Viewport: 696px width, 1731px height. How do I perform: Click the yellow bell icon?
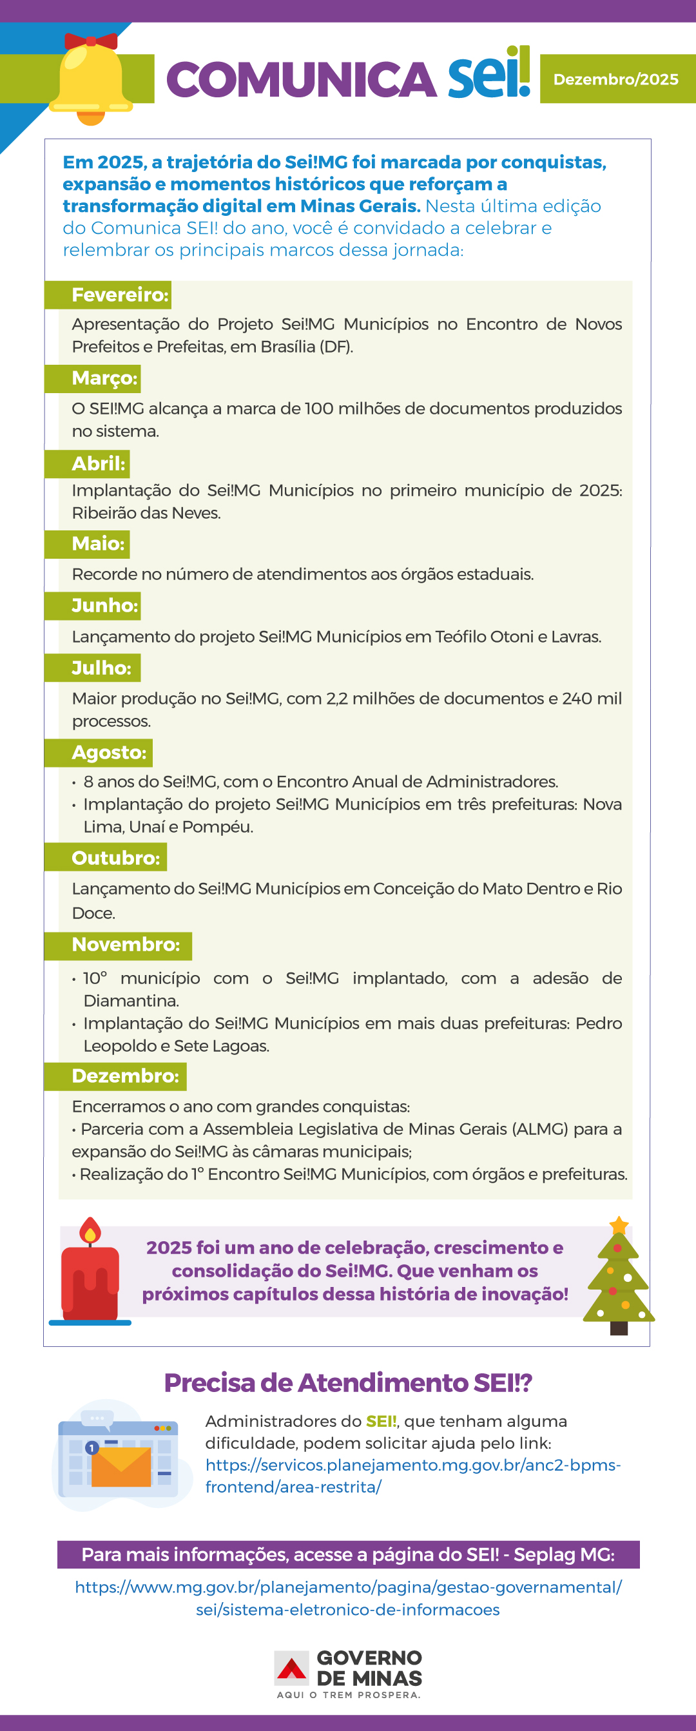[91, 81]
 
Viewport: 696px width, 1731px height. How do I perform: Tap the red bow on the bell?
[91, 41]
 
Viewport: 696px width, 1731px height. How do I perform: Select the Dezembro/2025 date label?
[615, 79]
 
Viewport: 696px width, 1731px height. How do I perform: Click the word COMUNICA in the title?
[301, 79]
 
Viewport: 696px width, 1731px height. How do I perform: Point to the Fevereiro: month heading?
[120, 295]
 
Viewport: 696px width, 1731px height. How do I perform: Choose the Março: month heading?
[104, 378]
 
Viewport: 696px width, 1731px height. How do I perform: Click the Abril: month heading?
[98, 463]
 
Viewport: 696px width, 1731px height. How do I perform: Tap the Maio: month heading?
[98, 544]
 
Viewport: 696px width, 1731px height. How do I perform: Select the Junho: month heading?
[104, 605]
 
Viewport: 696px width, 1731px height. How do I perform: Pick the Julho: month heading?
[101, 668]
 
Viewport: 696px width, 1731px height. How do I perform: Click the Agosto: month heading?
[109, 753]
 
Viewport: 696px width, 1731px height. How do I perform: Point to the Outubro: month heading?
[115, 858]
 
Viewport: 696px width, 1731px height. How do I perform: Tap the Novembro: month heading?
[126, 945]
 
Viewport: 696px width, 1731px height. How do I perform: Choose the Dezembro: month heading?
[125, 1076]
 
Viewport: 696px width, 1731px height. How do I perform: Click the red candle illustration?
[90, 1277]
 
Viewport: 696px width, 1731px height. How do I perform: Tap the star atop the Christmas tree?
[619, 1226]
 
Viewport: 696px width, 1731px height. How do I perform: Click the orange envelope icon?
[121, 1467]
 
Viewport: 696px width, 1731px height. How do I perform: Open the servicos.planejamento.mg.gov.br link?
[412, 1476]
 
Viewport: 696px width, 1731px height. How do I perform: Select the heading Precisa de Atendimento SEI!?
[348, 1383]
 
